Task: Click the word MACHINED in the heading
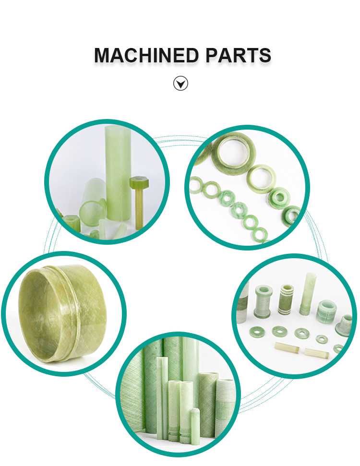(146, 55)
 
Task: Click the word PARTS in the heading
(238, 55)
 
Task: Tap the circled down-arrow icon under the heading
(180, 83)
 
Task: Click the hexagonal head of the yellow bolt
(139, 182)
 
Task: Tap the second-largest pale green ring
(261, 179)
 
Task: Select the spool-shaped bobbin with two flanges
(263, 301)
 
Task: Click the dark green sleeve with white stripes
(286, 299)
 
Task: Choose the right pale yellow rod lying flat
(317, 354)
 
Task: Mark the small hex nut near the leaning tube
(72, 223)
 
